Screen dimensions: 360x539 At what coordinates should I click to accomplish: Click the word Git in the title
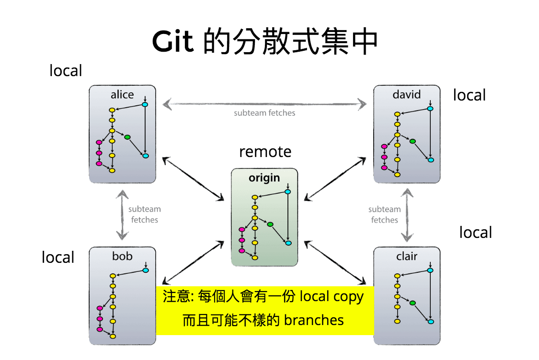tap(173, 42)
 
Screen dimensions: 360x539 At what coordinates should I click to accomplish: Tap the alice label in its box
tap(122, 94)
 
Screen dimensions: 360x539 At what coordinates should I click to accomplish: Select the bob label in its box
tap(122, 256)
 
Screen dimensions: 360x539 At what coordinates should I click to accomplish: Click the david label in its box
tap(406, 94)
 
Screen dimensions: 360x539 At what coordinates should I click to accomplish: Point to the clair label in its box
tap(407, 256)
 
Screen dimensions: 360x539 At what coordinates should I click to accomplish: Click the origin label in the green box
tap(264, 178)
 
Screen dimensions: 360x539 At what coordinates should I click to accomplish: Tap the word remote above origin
tap(265, 152)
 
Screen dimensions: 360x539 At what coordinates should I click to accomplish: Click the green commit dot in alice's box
tap(127, 137)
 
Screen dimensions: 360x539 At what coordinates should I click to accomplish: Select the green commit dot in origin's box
tap(270, 225)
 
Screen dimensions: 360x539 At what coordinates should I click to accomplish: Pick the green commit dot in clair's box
tap(412, 303)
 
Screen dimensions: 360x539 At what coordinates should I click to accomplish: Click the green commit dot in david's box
tap(412, 141)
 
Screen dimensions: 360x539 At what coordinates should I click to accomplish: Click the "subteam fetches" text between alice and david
tap(264, 113)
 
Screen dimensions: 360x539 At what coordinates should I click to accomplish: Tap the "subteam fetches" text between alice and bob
tap(144, 214)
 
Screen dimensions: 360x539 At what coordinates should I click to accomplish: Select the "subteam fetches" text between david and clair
tap(384, 214)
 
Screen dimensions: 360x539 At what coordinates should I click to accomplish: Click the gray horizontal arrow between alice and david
tap(264, 103)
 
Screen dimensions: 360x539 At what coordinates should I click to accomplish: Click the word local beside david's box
tap(469, 95)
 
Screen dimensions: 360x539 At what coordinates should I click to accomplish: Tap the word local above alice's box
tap(66, 71)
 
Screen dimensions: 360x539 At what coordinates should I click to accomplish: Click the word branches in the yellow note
tap(314, 320)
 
